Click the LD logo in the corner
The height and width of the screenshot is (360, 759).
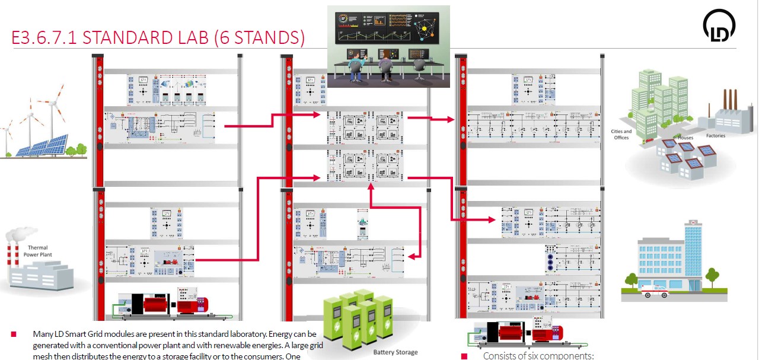719,27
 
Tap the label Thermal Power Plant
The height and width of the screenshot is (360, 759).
36,251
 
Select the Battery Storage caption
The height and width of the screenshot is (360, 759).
395,352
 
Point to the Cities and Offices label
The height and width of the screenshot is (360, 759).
621,134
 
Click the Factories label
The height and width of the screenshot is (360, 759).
715,135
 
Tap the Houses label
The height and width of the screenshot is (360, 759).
686,138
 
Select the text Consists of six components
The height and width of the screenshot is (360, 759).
538,356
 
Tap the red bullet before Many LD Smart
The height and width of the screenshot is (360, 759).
14,335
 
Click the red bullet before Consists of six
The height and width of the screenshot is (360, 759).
464,356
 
